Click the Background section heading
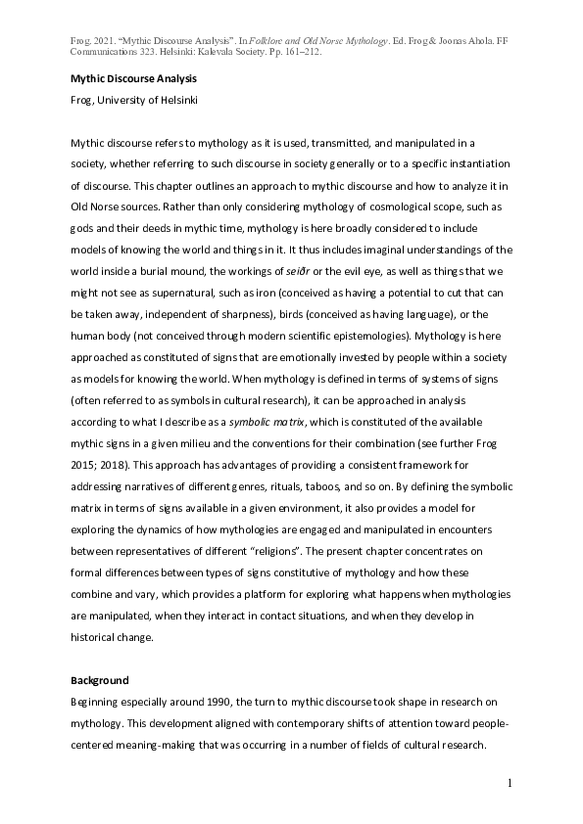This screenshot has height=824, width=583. pos(100,680)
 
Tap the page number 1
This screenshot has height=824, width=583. pos(510,784)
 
